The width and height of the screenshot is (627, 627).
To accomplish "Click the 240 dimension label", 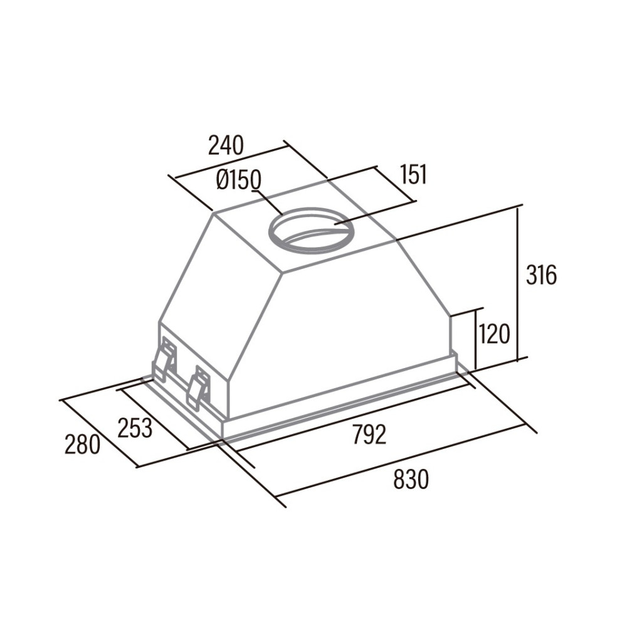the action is click(226, 145).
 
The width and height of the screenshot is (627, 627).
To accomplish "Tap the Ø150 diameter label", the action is click(239, 181).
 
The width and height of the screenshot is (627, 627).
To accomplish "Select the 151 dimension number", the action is click(413, 174).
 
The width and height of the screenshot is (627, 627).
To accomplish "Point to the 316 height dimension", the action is click(541, 275).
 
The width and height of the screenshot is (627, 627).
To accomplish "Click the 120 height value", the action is click(494, 334).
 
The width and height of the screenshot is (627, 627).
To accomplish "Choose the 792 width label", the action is click(369, 435).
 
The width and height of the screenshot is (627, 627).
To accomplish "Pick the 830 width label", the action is click(411, 480).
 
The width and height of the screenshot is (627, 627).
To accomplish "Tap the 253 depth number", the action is click(135, 428).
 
